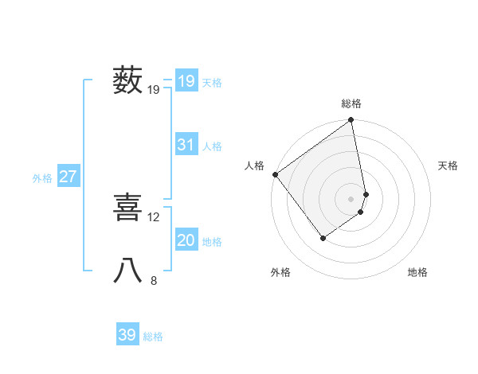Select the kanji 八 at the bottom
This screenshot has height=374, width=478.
pyautogui.click(x=128, y=271)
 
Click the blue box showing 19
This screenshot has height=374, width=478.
pyautogui.click(x=186, y=81)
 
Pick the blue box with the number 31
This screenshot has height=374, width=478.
pyautogui.click(x=186, y=145)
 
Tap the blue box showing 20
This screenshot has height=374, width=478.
pyautogui.click(x=186, y=240)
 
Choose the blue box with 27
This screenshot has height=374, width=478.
pyautogui.click(x=69, y=177)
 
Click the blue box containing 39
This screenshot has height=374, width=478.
pyautogui.click(x=127, y=335)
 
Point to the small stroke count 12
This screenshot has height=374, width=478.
pyautogui.click(x=154, y=216)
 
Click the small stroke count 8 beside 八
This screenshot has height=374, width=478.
pyautogui.click(x=154, y=279)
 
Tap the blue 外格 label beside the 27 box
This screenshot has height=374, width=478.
pyautogui.click(x=42, y=178)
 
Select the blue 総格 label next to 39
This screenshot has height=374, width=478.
pyautogui.click(x=153, y=337)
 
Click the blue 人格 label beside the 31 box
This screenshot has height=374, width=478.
pyautogui.click(x=212, y=146)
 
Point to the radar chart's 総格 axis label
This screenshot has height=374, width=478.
pyautogui.click(x=351, y=103)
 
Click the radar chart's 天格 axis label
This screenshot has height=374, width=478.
pyautogui.click(x=448, y=166)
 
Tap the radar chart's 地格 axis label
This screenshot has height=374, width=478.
pyautogui.click(x=417, y=272)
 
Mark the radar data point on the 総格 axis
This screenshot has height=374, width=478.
pyautogui.click(x=351, y=121)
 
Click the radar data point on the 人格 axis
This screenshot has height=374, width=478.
pyautogui.click(x=276, y=174)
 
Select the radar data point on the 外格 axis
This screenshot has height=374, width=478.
pyautogui.click(x=323, y=238)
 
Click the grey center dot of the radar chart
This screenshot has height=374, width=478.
pyautogui.click(x=351, y=198)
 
